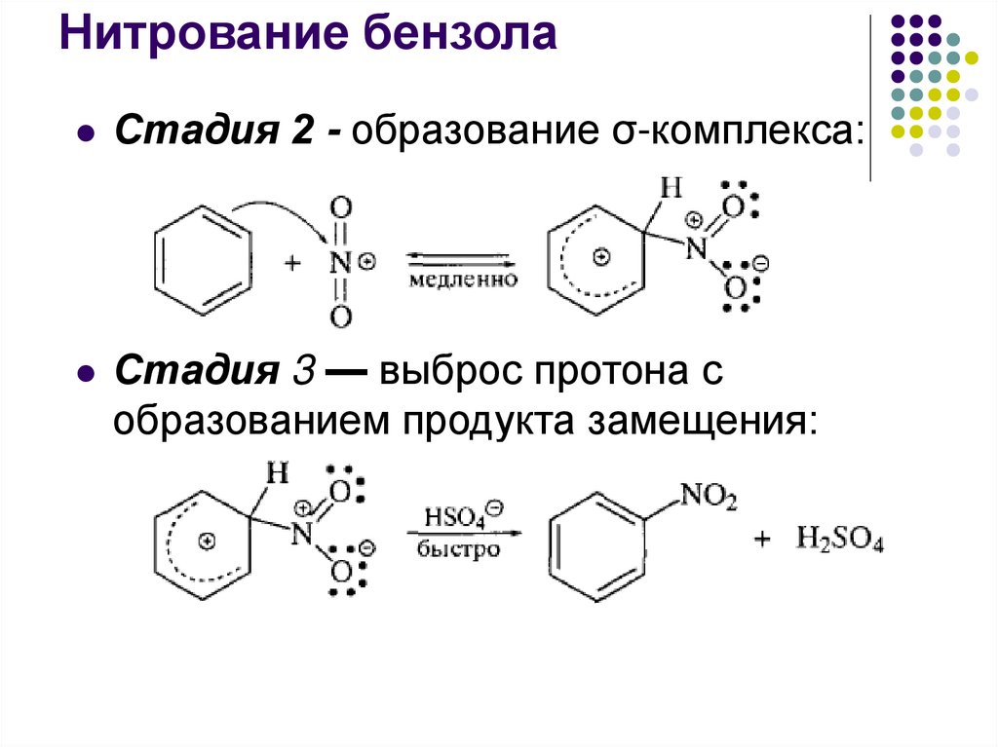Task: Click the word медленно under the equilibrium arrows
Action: pyautogui.click(x=461, y=280)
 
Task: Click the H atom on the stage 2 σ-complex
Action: pyautogui.click(x=670, y=186)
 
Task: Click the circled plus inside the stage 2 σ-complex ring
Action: pyautogui.click(x=600, y=258)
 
